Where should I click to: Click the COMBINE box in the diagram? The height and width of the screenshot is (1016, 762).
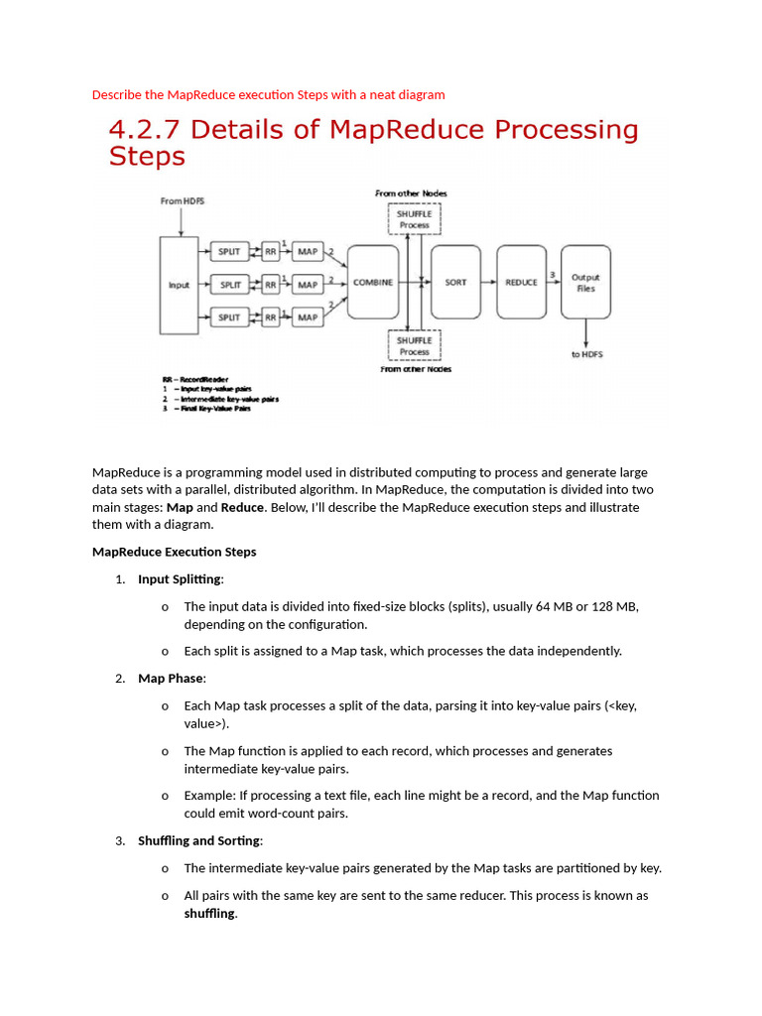pyautogui.click(x=373, y=283)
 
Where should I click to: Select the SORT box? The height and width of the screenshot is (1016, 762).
pyautogui.click(x=455, y=283)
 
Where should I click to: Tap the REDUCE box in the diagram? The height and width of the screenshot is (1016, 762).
pyautogui.click(x=521, y=283)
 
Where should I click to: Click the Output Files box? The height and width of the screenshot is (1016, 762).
pyautogui.click(x=585, y=283)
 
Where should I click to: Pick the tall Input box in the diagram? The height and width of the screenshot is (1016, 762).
pyautogui.click(x=179, y=285)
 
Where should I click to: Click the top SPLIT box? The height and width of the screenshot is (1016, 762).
pyautogui.click(x=230, y=252)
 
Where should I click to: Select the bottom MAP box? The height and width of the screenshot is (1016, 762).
pyautogui.click(x=308, y=317)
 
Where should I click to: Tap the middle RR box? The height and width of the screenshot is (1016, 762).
pyautogui.click(x=270, y=285)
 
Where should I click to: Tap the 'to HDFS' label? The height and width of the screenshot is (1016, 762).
pyautogui.click(x=586, y=354)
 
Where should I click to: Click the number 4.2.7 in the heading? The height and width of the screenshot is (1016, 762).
pyautogui.click(x=147, y=130)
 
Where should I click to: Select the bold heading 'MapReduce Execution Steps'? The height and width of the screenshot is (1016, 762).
pyautogui.click(x=174, y=552)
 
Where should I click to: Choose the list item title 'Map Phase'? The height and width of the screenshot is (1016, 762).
pyautogui.click(x=171, y=679)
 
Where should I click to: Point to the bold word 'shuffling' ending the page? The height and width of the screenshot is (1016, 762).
pyautogui.click(x=209, y=913)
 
